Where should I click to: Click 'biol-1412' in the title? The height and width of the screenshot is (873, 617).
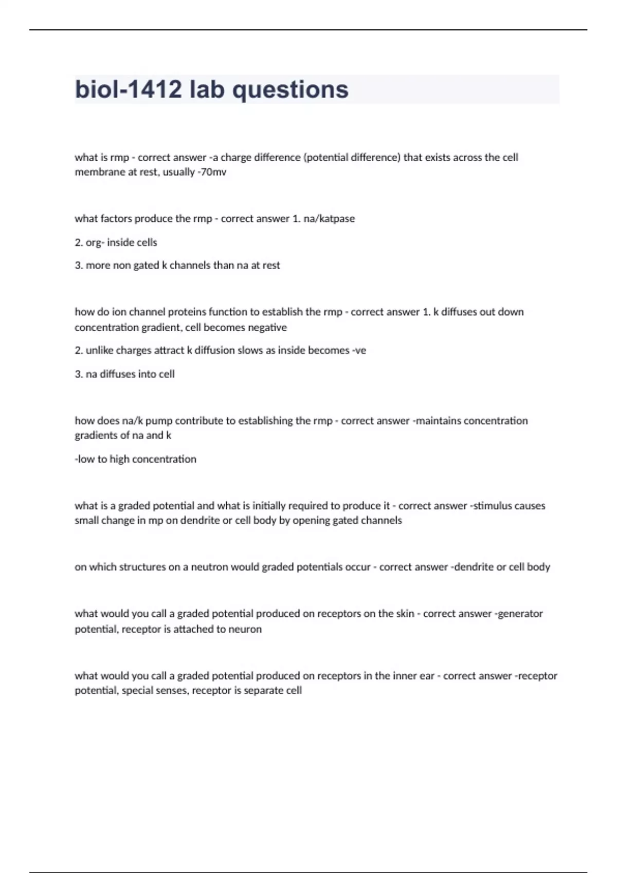pyautogui.click(x=128, y=89)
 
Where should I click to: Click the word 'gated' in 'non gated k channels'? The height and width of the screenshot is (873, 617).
pyautogui.click(x=146, y=265)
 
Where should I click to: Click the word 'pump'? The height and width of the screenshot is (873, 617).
pyautogui.click(x=158, y=421)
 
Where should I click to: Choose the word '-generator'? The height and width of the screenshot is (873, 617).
pyautogui.click(x=519, y=614)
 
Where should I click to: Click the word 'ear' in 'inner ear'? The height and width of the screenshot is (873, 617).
pyautogui.click(x=427, y=676)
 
